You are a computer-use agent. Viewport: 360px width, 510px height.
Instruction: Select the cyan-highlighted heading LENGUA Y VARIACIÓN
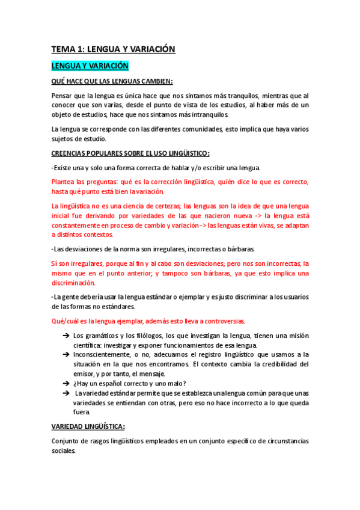pos(90,66)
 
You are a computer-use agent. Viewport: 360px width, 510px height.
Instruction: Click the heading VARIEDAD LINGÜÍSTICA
pos(88,426)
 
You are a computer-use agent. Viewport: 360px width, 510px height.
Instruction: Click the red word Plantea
pos(65,182)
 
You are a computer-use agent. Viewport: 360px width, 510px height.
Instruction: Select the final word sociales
pos(63,450)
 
